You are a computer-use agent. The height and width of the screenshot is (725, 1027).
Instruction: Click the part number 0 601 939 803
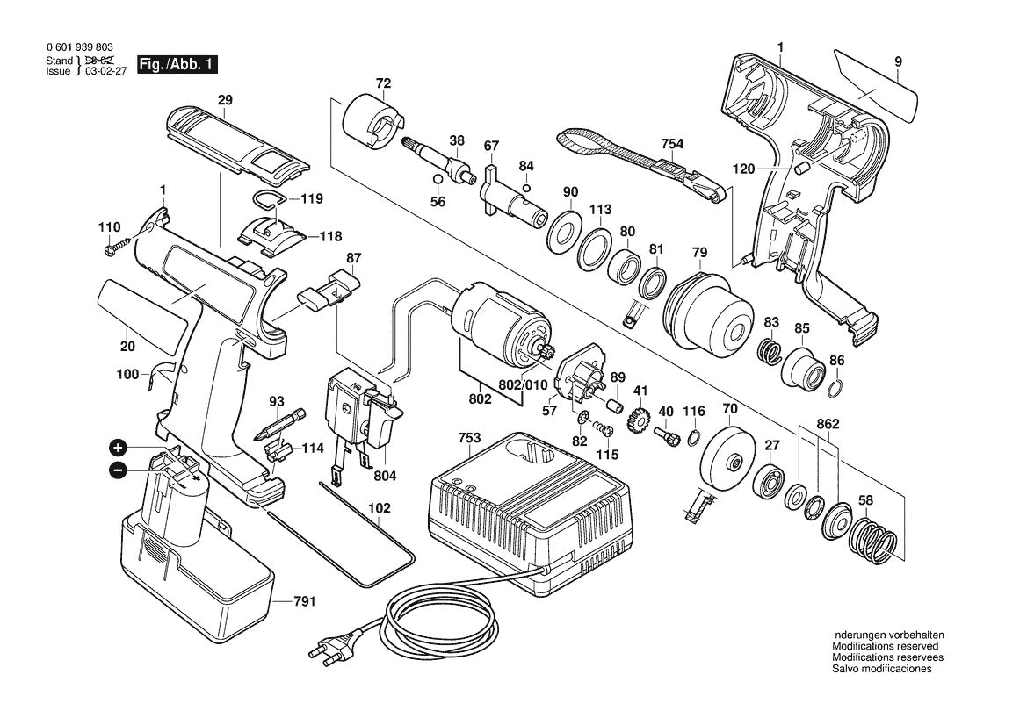79,48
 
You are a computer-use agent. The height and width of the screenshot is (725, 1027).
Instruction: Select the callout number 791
304,601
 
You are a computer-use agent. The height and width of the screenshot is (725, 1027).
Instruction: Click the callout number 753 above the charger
470,436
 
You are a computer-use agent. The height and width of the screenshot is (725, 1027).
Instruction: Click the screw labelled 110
115,248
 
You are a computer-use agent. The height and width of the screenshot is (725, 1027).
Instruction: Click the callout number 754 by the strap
673,143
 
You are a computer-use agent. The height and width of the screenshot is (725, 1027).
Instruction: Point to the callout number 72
382,83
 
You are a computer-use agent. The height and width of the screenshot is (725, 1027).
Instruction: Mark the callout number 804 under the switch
385,475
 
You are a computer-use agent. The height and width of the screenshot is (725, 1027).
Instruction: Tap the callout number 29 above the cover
225,101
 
